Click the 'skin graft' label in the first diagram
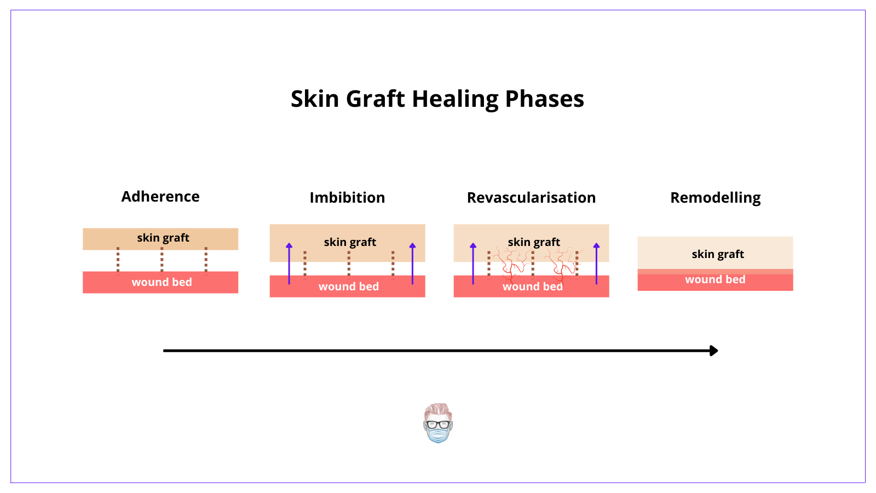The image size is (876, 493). pyautogui.click(x=163, y=238)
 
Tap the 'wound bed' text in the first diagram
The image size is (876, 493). pyautogui.click(x=162, y=282)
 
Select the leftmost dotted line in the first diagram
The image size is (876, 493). pyautogui.click(x=118, y=260)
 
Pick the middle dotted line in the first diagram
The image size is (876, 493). pyautogui.click(x=162, y=260)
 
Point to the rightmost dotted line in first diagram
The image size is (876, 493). pyautogui.click(x=206, y=260)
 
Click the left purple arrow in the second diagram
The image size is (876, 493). pyautogui.click(x=289, y=263)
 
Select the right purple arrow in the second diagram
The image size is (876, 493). pyautogui.click(x=412, y=263)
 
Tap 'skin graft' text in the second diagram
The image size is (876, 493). pyautogui.click(x=350, y=242)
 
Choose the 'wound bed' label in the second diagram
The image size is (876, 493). pyautogui.click(x=348, y=286)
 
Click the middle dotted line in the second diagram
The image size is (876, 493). pyautogui.click(x=349, y=264)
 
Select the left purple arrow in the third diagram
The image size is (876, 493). pyautogui.click(x=473, y=263)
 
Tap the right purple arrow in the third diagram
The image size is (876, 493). pyautogui.click(x=596, y=263)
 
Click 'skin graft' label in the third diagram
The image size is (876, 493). pyautogui.click(x=534, y=242)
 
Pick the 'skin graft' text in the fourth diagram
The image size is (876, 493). pyautogui.click(x=717, y=254)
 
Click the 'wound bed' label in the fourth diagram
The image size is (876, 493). pyautogui.click(x=715, y=279)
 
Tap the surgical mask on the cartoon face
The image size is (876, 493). pyautogui.click(x=438, y=435)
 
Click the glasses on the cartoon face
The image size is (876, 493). pyautogui.click(x=438, y=424)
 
